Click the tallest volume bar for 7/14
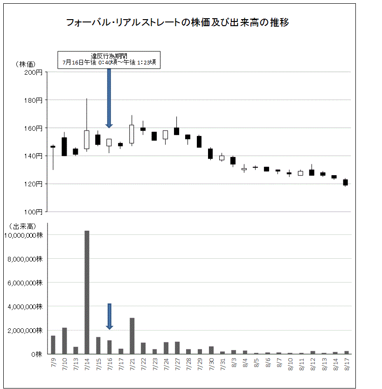tap(87, 292)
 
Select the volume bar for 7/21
tap(132, 336)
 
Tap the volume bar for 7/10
tap(64, 341)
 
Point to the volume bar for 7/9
tap(53, 345)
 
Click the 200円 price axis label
tap(34, 72)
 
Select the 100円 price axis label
tap(34, 212)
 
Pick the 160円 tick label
tap(34, 128)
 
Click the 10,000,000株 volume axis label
tap(23, 235)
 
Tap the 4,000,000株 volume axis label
tap(25, 306)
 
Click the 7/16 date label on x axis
tap(110, 364)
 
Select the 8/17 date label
tap(346, 364)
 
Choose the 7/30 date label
tap(211, 364)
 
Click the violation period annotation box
tap(109, 60)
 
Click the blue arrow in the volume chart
tap(110, 316)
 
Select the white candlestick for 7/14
tap(87, 139)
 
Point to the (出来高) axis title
tap(22, 226)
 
